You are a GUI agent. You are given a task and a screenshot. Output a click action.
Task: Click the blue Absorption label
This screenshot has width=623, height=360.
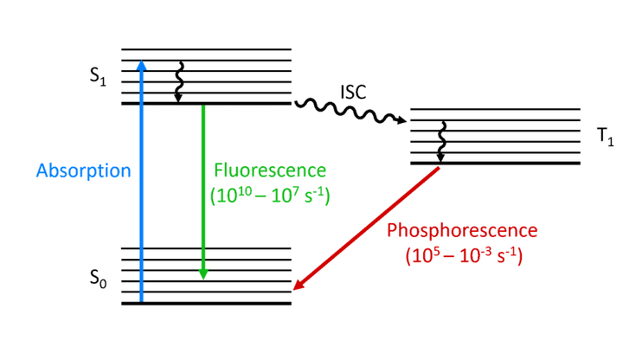pyautogui.click(x=83, y=170)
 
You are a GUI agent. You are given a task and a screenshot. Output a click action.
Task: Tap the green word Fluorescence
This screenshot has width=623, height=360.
pyautogui.click(x=270, y=170)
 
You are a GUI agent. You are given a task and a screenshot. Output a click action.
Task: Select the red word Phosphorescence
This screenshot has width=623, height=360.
pyautogui.click(x=462, y=231)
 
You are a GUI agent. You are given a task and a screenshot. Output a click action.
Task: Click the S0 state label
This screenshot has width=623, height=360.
pyautogui.click(x=97, y=279)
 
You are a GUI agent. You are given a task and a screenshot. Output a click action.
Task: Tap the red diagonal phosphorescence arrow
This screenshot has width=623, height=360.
pyautogui.click(x=368, y=227)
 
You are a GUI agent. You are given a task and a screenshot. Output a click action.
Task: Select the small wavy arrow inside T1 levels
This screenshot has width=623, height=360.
pyautogui.click(x=441, y=141)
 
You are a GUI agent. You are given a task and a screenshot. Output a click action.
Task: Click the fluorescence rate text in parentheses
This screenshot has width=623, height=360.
pyautogui.click(x=271, y=195)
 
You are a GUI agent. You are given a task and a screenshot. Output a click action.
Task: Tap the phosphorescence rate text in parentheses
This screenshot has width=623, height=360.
pyautogui.click(x=462, y=256)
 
